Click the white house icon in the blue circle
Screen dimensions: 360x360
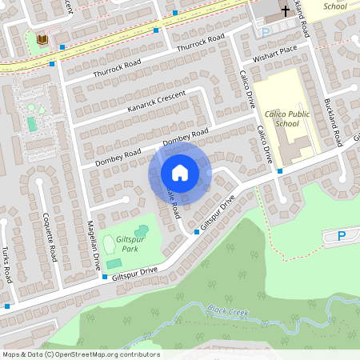tap(180, 172)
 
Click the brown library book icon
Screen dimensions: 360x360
tap(42, 39)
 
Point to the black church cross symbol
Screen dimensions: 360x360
tap(286, 12)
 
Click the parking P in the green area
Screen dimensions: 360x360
tap(342, 235)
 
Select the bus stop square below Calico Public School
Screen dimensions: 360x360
tap(280, 170)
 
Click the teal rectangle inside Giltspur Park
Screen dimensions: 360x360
tap(114, 263)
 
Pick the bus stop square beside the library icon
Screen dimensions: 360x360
tap(52, 63)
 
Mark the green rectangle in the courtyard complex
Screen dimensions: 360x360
tap(32, 124)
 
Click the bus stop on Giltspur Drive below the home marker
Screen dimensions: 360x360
tap(197, 232)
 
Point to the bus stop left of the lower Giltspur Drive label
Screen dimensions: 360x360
tap(105, 277)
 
